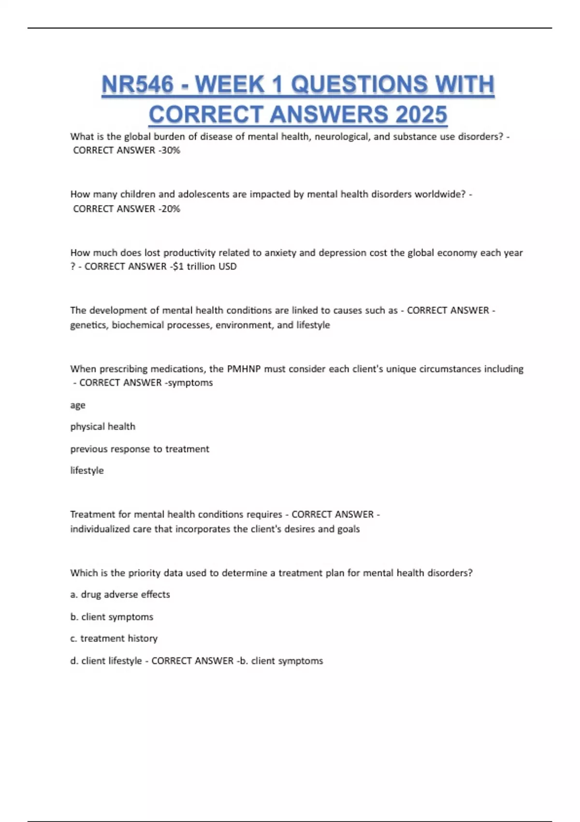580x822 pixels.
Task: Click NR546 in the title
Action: (x=137, y=85)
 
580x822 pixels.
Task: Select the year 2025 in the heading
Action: (x=421, y=115)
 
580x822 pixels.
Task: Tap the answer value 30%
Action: (x=171, y=150)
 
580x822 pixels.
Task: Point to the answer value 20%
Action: (x=171, y=209)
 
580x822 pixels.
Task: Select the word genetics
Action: (x=89, y=325)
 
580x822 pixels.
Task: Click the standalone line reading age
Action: (x=78, y=405)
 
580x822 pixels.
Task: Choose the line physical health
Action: (x=102, y=426)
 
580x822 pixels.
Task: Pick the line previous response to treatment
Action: (x=140, y=449)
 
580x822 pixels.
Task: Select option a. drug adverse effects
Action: (x=120, y=594)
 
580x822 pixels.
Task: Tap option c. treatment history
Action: (x=114, y=638)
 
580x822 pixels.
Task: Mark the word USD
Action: (x=227, y=266)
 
